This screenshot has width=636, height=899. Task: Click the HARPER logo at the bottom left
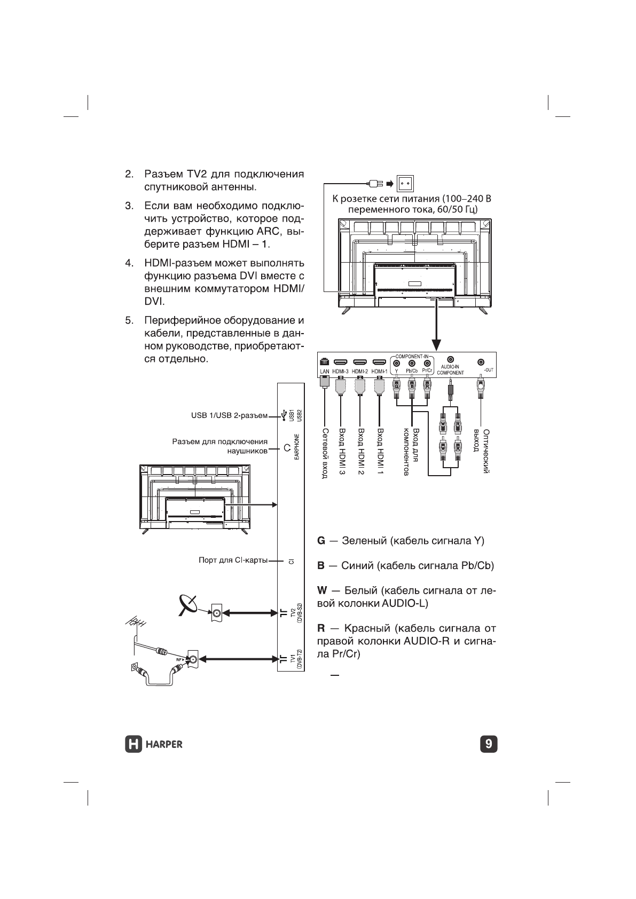point(153,743)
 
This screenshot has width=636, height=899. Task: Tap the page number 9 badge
point(489,744)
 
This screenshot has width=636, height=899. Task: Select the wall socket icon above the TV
point(404,184)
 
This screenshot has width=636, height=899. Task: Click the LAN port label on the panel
point(324,372)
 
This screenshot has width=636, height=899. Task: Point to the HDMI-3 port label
point(340,372)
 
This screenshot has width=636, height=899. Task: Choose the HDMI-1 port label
point(379,372)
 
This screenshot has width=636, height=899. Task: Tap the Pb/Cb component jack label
point(412,370)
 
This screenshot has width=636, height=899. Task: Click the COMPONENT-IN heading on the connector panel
point(413,356)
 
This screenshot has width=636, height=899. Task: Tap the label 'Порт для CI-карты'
point(233,561)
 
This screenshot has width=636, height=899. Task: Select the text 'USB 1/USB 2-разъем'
point(229,416)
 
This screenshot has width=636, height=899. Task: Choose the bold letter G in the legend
point(321,541)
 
